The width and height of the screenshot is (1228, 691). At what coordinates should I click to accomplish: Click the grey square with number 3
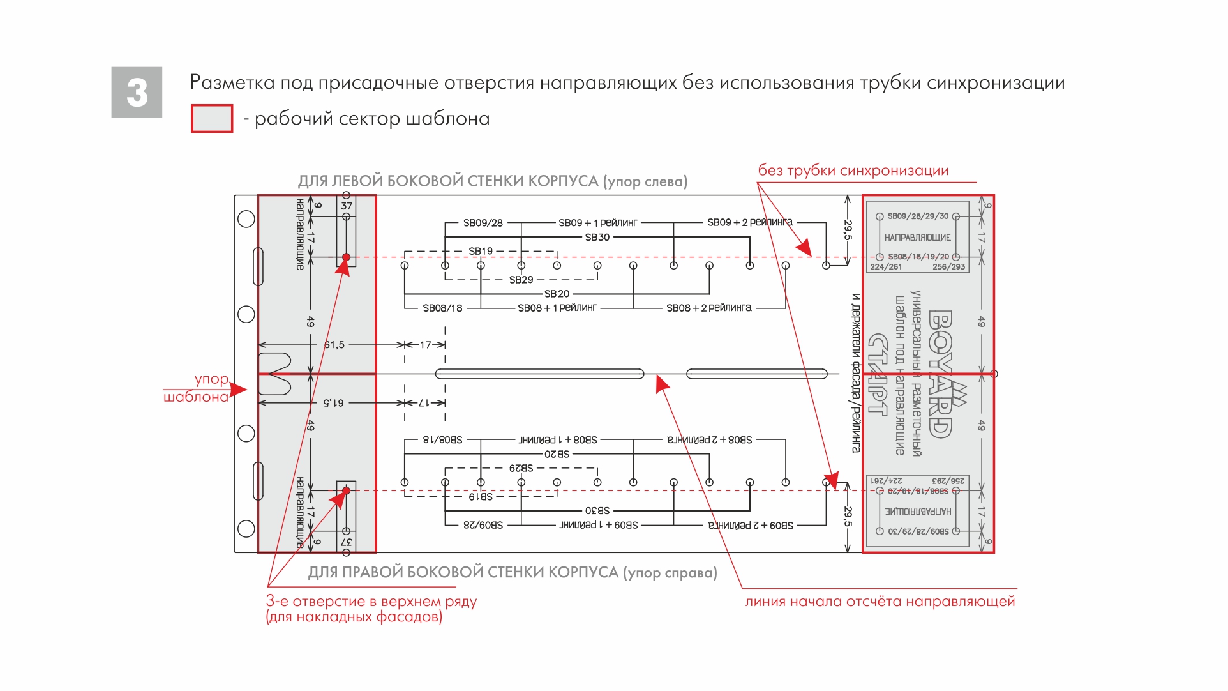(x=137, y=92)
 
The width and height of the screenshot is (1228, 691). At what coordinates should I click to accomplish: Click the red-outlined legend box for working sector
(x=212, y=119)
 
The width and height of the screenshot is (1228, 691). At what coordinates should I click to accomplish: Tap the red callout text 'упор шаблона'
(x=198, y=388)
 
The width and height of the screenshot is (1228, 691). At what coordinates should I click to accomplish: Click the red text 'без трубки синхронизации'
(x=853, y=171)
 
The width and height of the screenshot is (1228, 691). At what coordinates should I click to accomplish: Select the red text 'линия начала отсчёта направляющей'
(x=880, y=602)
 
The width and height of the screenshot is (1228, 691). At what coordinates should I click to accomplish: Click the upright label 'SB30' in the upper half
(x=597, y=237)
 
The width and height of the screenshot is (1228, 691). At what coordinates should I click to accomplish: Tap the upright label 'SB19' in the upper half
(x=481, y=251)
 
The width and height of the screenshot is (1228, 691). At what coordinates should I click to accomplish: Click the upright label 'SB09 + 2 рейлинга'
(x=749, y=222)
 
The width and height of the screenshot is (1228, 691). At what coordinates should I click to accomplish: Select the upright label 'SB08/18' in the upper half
(x=442, y=308)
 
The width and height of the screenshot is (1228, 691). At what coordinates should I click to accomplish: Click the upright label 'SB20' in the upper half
(x=557, y=294)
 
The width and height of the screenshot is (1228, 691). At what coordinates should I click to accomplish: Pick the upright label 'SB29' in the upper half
(x=521, y=280)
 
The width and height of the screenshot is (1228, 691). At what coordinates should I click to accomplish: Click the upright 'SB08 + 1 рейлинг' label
(x=557, y=308)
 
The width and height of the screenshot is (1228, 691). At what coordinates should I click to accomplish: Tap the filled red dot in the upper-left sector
(x=346, y=257)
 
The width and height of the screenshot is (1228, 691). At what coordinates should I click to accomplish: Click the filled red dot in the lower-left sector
(x=346, y=490)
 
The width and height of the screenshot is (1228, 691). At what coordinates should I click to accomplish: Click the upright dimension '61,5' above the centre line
(x=334, y=345)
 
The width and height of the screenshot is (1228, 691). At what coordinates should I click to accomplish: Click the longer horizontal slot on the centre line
(x=539, y=374)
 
